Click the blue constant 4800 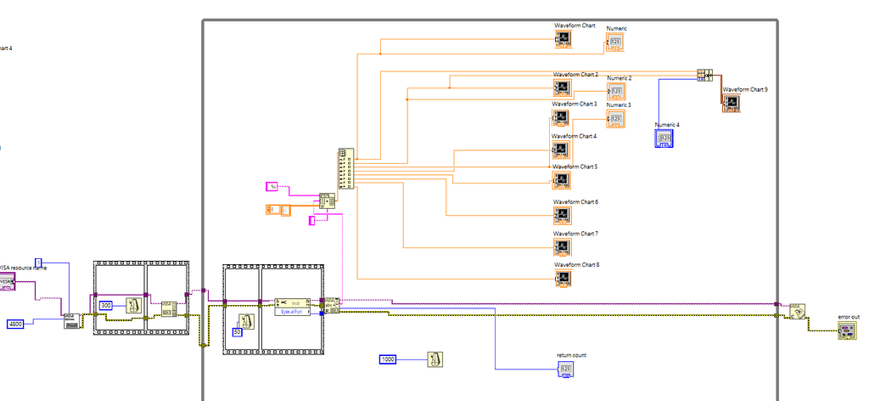click(x=15, y=324)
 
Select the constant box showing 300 click(x=106, y=306)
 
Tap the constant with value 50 click(x=237, y=332)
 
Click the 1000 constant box click(x=388, y=360)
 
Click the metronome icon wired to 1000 click(x=434, y=359)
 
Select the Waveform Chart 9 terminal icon click(x=731, y=103)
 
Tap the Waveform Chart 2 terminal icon click(x=562, y=88)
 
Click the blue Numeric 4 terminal click(x=664, y=138)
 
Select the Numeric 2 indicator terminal click(x=616, y=91)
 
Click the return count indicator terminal click(x=567, y=368)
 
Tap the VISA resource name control click(x=7, y=282)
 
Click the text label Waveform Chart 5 click(x=575, y=167)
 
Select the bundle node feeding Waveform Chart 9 click(x=705, y=75)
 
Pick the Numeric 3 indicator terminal click(x=616, y=118)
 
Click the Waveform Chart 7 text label click(x=575, y=233)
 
